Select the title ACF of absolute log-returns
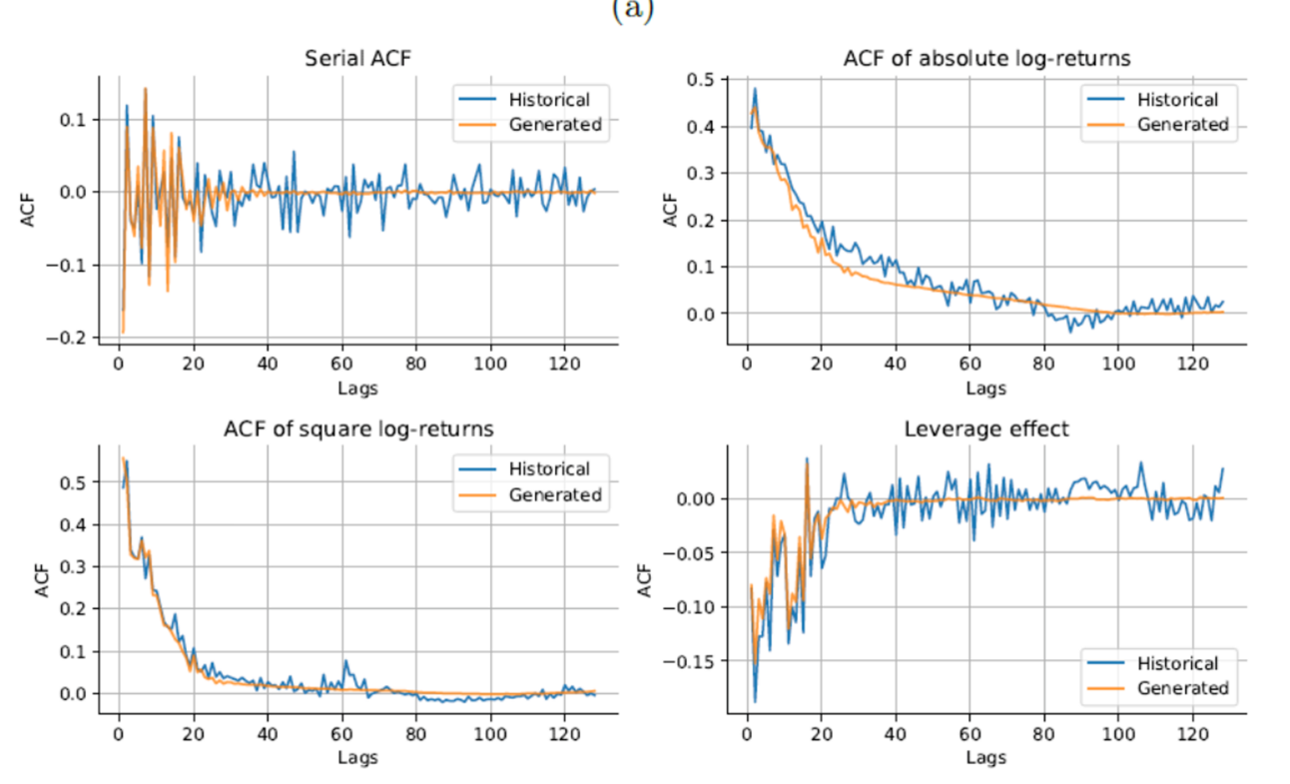pos(986,59)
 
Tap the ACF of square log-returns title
pos(357,429)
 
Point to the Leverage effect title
pos(986,429)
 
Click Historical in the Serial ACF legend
pos(549,99)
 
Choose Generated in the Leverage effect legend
pos(1184,688)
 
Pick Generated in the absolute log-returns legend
pos(1184,125)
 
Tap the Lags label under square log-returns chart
pos(357,758)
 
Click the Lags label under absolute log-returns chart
pos(986,388)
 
